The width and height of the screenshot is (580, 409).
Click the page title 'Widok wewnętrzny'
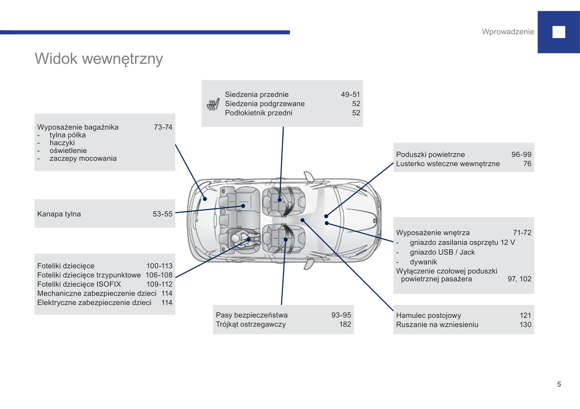[99, 59]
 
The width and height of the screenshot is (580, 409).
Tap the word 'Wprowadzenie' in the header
[508, 32]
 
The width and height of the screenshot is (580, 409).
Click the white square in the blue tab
[558, 32]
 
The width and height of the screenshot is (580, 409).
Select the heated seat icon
[213, 104]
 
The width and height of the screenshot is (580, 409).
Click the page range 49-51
[350, 94]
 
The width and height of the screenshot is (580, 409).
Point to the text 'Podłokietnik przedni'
[258, 113]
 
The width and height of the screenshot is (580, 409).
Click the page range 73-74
[163, 127]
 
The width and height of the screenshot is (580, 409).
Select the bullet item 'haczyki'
[62, 142]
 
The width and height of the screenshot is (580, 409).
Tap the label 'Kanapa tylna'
[59, 214]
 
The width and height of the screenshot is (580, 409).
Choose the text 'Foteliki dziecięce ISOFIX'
[79, 284]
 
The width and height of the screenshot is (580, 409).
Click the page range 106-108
[159, 275]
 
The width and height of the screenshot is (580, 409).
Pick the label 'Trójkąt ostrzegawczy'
[251, 324]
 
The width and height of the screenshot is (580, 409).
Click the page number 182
[345, 324]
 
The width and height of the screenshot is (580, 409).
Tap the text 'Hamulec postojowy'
[428, 315]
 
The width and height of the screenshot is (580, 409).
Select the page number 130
[525, 325]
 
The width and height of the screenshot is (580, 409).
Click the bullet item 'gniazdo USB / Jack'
[442, 252]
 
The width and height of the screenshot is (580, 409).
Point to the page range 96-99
[521, 155]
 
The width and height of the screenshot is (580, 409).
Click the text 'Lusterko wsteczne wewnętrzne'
[448, 164]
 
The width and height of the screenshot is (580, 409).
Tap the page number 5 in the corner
[559, 384]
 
